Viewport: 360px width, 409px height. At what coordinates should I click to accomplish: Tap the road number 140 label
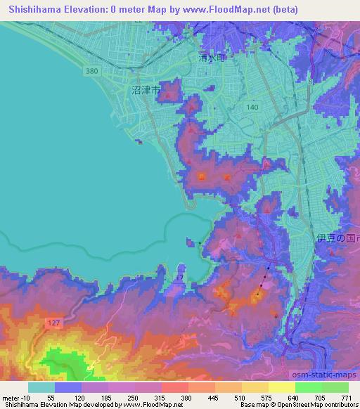tap(252, 105)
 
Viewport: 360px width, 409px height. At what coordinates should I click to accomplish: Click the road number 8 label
tap(309, 82)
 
